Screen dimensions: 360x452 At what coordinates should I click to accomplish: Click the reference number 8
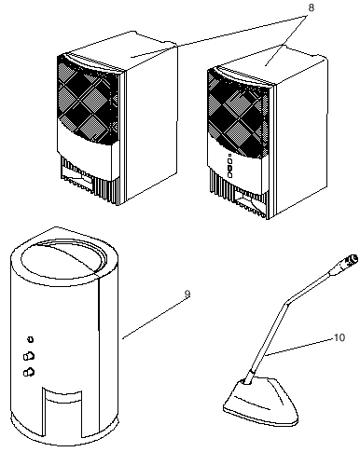(x=311, y=8)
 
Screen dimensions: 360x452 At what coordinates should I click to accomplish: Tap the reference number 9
(x=187, y=294)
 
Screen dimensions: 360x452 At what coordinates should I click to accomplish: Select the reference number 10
(x=339, y=337)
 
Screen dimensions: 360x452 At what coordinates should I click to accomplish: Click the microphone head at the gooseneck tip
(x=348, y=261)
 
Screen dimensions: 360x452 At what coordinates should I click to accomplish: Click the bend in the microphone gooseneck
(x=286, y=303)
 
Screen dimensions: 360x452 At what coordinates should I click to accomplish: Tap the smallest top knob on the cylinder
(x=30, y=339)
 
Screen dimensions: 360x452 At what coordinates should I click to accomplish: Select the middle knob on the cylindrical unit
(x=29, y=356)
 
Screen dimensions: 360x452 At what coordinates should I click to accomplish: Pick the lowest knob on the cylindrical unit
(x=29, y=372)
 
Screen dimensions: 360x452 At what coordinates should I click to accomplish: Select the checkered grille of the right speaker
(x=238, y=114)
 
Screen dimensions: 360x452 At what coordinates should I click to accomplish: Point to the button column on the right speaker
(x=229, y=167)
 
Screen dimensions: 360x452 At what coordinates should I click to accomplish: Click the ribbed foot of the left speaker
(x=90, y=182)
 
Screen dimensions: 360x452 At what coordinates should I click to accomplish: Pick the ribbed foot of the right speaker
(x=240, y=196)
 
